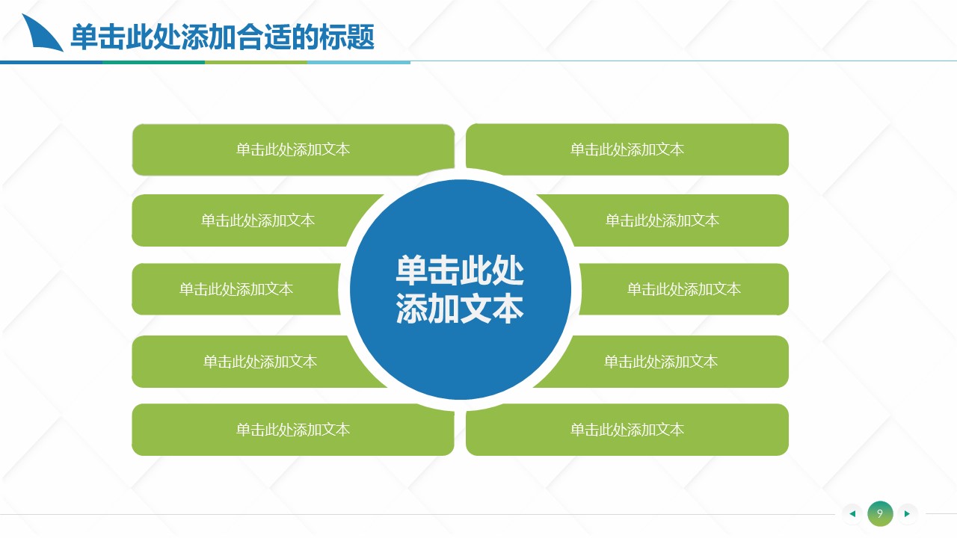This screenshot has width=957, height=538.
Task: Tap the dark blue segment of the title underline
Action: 52,62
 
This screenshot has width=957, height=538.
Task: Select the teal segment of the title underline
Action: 154,62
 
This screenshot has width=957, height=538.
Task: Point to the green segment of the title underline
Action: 256,62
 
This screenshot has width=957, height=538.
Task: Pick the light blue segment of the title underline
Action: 359,62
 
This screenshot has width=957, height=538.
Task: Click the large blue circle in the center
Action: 460,289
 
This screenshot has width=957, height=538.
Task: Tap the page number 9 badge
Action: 880,513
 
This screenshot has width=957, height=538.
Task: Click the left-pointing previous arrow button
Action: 852,513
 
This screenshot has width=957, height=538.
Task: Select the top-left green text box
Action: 293,149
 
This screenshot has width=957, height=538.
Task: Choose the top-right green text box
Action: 627,149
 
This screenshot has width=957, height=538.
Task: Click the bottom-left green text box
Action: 293,430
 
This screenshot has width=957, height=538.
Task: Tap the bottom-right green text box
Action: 627,430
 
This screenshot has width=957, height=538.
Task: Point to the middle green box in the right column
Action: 684,289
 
